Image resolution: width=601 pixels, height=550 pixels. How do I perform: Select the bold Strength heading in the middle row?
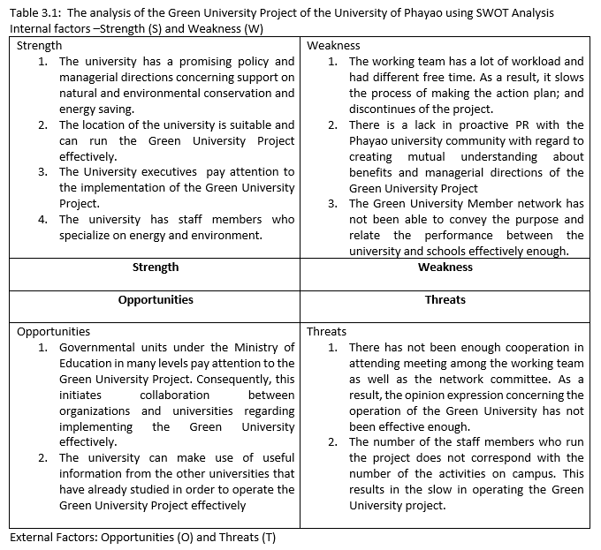pos(155,267)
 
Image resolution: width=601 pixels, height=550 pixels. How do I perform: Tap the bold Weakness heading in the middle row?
pos(445,267)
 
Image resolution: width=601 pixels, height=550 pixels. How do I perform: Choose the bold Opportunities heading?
pos(155,299)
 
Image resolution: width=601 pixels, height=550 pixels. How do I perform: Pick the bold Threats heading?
pos(445,299)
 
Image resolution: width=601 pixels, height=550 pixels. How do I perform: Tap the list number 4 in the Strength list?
pos(42,220)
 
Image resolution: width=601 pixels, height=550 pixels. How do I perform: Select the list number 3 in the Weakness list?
pos(332,204)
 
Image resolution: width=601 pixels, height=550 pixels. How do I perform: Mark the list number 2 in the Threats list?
pos(332,442)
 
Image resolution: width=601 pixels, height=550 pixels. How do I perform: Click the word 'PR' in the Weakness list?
pos(511,125)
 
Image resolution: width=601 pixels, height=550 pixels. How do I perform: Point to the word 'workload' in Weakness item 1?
pos(527,62)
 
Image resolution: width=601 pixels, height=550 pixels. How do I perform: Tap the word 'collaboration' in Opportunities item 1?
pos(176,396)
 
